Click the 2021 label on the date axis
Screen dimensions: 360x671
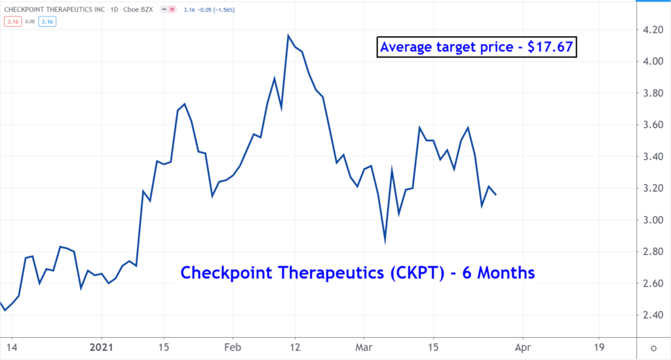102,346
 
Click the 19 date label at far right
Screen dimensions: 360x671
598,346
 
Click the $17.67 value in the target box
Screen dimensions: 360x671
550,47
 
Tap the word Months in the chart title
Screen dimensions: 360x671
505,272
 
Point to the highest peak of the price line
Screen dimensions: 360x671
288,35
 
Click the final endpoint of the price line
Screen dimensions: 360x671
496,195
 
